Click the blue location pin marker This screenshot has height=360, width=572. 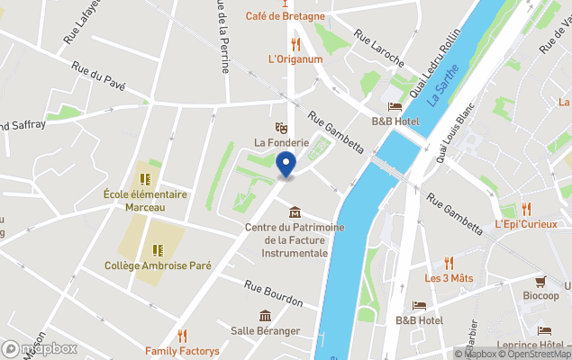286,166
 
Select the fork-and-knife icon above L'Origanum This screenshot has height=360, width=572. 295,42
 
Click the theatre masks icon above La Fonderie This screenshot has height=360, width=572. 281,127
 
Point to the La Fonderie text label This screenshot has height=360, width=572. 281,142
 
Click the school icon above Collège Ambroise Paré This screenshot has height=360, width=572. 158,249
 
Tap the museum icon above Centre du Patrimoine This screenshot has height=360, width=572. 295,212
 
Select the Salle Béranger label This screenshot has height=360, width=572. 265,330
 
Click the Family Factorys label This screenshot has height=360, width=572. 183,350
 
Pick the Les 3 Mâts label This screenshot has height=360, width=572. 449,278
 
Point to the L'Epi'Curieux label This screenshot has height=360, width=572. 526,224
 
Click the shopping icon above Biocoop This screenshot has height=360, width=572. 540,281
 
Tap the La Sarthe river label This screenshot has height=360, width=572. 445,85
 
